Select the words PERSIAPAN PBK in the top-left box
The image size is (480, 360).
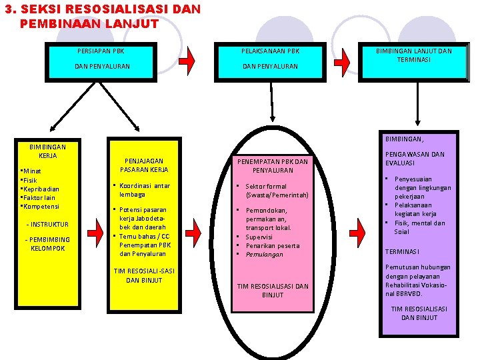tap(101, 51)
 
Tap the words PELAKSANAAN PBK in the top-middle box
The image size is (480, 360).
tap(270, 51)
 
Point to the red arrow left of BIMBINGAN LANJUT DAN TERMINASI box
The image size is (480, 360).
tap(341, 59)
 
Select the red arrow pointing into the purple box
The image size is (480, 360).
tap(357, 231)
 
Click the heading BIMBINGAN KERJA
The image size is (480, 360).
tap(48, 151)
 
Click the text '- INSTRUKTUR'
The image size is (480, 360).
tap(47, 224)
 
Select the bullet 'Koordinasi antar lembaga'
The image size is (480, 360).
tap(145, 190)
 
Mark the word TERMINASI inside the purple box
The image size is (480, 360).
tap(401, 251)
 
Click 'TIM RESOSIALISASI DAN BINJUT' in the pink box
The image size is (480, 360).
tap(273, 290)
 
